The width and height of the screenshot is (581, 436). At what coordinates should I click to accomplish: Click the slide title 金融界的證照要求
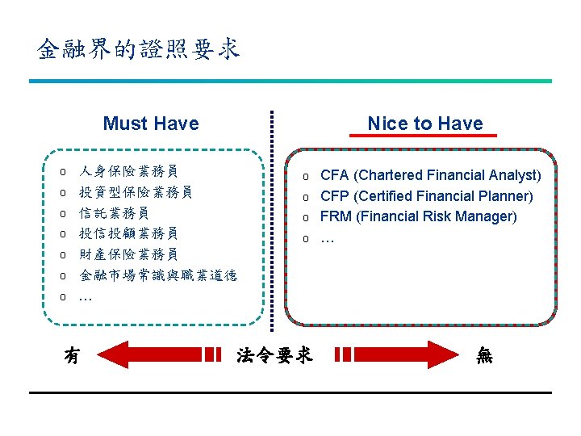coord(139,49)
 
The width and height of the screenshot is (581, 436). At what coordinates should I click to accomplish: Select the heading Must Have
coord(151,124)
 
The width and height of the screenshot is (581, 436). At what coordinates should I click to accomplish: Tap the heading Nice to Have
coord(424,124)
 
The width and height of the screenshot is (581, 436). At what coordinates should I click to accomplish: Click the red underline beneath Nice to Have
coord(424,136)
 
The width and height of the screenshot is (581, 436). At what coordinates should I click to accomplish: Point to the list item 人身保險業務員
coord(128,171)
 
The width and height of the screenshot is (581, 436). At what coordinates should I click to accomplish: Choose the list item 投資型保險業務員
coord(136,192)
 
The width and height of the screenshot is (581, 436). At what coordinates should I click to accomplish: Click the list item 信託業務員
coord(114,213)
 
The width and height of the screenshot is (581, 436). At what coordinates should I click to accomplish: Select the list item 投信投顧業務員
coord(128,234)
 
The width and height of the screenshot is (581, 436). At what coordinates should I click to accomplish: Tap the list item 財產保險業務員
coord(128,255)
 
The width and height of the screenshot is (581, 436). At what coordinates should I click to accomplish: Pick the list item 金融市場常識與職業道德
coord(158,276)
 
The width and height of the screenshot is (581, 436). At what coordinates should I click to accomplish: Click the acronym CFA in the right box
coord(335,175)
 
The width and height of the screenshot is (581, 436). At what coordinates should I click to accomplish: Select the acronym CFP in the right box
coord(335,196)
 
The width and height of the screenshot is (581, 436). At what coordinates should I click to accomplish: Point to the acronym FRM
coord(336,216)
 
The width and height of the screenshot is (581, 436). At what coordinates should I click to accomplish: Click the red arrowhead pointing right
coord(440,354)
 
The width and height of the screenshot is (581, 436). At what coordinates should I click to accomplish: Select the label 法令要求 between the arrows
coord(274,354)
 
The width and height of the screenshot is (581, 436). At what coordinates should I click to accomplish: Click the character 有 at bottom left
coord(72,354)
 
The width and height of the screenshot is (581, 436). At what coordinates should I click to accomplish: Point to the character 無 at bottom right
coord(484,354)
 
